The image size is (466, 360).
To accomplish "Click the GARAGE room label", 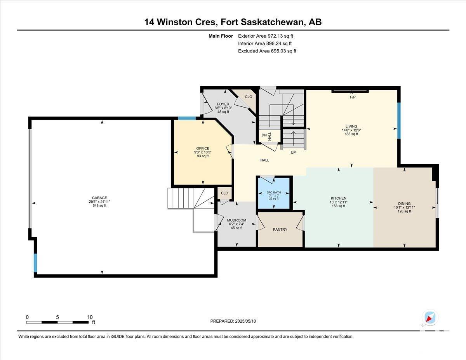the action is tap(99, 198).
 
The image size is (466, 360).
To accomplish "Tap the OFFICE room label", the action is tap(203, 148).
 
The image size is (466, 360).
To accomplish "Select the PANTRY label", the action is tap(280, 230).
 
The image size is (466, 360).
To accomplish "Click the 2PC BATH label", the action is tap(274, 192).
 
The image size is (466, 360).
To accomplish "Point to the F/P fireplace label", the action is tap(353, 97).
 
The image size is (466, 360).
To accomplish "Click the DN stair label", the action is tap(264, 135).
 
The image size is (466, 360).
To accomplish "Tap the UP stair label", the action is tap(293, 153).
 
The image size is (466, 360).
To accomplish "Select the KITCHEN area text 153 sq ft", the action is tap(338, 206).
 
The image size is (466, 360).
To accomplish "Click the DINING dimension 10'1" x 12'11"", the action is tap(404, 207).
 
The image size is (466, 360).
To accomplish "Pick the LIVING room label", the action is tap(351, 126).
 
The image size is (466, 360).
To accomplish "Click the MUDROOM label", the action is tap(236, 220).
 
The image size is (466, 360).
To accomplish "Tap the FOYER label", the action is tap(223, 104).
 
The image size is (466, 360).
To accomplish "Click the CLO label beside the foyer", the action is tap(249, 97).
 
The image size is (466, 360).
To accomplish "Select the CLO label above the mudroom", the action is tap(224, 193).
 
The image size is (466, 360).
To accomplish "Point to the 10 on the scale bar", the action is tap(90, 317).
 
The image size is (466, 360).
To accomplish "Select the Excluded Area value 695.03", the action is tap(278, 51).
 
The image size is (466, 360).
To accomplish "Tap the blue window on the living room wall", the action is tap(399, 121).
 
